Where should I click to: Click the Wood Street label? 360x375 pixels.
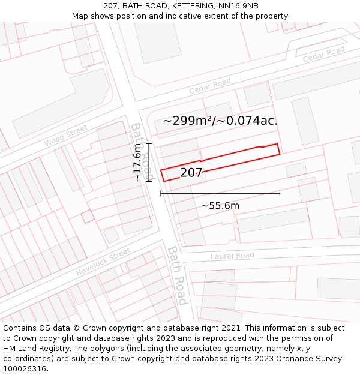click(65, 136)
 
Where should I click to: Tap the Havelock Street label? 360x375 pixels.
click(103, 262)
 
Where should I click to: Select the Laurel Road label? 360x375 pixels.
click(232, 256)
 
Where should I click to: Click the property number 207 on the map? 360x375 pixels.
click(191, 173)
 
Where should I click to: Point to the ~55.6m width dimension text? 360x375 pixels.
click(220, 206)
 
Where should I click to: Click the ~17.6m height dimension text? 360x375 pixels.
click(137, 162)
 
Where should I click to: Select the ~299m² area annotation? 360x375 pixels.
click(188, 121)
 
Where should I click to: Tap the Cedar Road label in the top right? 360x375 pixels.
click(323, 54)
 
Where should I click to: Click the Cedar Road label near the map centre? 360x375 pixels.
click(210, 86)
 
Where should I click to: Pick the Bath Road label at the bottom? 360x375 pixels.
click(178, 275)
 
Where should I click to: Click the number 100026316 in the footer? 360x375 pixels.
click(25, 369)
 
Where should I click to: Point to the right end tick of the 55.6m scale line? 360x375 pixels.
click(280, 193)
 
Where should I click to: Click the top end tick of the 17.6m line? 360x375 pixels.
click(148, 144)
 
